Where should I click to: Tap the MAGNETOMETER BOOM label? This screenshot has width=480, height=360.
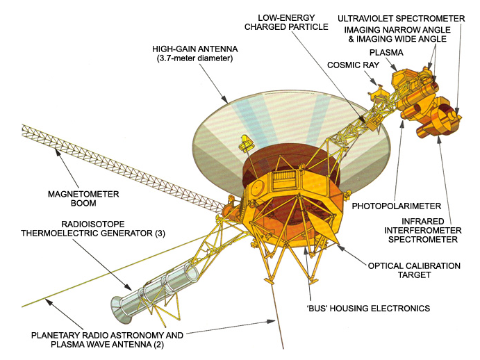[x=83, y=199]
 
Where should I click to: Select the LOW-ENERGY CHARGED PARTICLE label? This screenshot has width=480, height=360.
[x=286, y=22]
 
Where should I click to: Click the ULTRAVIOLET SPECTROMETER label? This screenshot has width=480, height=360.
[x=401, y=19]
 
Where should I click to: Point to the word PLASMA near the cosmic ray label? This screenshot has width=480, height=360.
[x=386, y=53]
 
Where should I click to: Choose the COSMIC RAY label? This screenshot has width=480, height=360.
[x=354, y=65]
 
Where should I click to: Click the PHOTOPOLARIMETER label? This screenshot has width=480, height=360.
[x=397, y=206]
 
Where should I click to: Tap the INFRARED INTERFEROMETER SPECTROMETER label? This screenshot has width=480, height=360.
[x=423, y=231]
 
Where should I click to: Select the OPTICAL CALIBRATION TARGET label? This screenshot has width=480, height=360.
[x=414, y=270]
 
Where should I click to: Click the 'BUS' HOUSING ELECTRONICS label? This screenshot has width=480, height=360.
[x=368, y=308]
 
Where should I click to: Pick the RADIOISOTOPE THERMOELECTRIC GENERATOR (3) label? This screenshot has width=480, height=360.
[x=93, y=229]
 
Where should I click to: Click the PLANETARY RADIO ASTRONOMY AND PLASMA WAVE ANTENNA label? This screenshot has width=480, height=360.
[x=107, y=340]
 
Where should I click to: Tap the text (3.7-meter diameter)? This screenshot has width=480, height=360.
[x=195, y=58]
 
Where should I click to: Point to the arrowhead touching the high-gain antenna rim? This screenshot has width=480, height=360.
[x=225, y=99]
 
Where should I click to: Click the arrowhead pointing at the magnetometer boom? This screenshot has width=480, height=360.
[x=57, y=151]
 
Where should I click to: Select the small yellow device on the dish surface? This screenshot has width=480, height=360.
[x=245, y=144]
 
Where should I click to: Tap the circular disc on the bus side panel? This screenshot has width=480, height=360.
[x=257, y=186]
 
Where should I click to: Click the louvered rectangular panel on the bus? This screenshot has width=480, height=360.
[x=284, y=179]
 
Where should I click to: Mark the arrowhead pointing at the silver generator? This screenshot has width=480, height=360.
[x=129, y=287]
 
